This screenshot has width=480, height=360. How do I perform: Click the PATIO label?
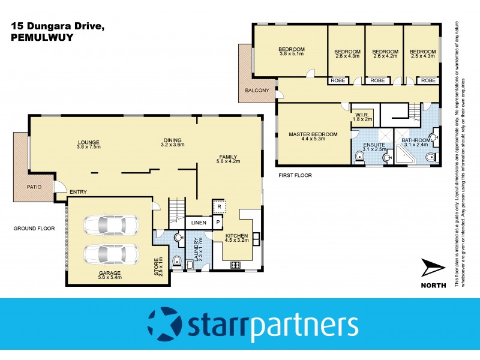point(34,187)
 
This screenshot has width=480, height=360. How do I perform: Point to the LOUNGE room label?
point(88,142)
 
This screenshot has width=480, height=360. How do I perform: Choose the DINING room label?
point(172,142)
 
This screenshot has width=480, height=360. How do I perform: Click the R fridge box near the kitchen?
point(220,207)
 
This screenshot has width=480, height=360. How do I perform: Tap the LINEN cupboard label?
point(199,223)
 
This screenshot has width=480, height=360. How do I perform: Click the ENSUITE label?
point(374,146)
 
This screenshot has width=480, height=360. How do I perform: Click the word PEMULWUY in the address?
point(38,37)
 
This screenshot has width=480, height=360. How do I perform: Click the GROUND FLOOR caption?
point(34,229)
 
